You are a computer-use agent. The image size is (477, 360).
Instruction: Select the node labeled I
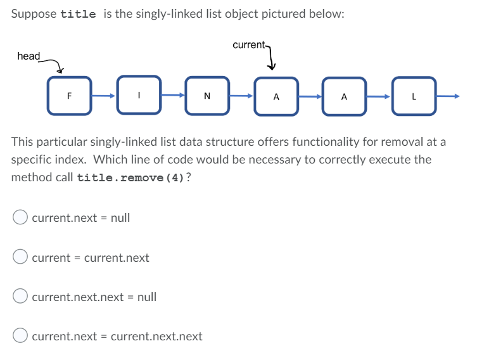coord(137,96)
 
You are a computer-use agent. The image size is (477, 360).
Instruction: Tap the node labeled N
coord(207,96)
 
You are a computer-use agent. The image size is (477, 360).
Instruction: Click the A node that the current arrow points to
coord(276,96)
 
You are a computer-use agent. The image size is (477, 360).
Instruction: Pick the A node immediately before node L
coord(344,96)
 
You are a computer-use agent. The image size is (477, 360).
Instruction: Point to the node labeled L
coord(413,96)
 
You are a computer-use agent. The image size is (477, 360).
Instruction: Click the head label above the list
coord(29,56)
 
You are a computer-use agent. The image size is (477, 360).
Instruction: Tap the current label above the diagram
coord(248,45)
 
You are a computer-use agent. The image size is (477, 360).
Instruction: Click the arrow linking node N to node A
coord(241,96)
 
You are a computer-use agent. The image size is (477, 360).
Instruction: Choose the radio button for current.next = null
coord(20,217)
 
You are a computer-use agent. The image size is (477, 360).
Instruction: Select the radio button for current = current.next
coord(20,257)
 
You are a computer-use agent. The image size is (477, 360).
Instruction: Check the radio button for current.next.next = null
coord(20,297)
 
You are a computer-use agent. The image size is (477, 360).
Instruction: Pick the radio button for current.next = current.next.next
coord(20,336)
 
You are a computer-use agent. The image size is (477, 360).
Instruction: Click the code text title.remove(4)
coord(131,177)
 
